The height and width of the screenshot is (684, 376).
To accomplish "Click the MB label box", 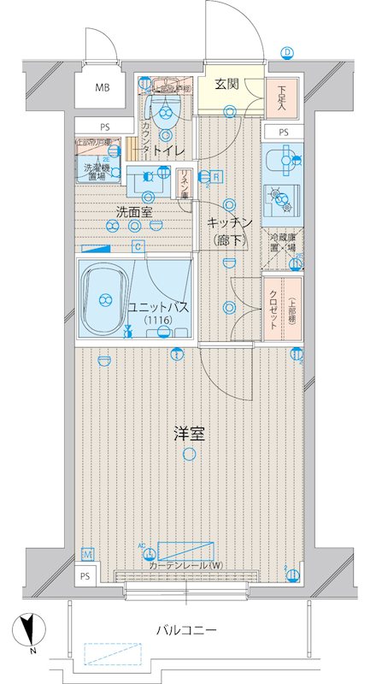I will [x=102, y=87].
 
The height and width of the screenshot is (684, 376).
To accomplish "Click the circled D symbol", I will [x=288, y=53].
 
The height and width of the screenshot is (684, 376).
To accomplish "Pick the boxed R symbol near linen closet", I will [x=217, y=177].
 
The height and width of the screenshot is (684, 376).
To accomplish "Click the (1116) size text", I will [x=157, y=320].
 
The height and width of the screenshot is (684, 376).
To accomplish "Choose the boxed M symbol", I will [x=85, y=554].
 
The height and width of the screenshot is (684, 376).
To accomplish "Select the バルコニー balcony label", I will [x=185, y=630].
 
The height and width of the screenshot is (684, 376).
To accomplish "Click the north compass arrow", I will [x=29, y=630].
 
